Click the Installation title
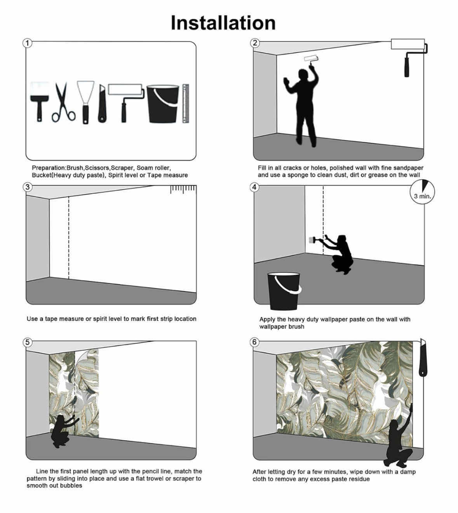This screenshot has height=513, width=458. point(223,23)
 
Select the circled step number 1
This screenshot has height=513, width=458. point(27,43)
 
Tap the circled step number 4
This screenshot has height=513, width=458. point(254,187)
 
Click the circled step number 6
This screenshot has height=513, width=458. point(254,342)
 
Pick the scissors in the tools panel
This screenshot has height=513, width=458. point(63,102)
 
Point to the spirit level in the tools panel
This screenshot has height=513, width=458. point(186,103)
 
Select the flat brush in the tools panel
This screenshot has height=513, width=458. point(40,102)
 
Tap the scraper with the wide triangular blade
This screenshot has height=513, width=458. point(86,102)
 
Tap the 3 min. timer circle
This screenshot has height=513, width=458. point(422,192)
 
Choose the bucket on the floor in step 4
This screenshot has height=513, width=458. point(284,291)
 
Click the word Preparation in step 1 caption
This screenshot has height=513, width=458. point(49,168)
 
